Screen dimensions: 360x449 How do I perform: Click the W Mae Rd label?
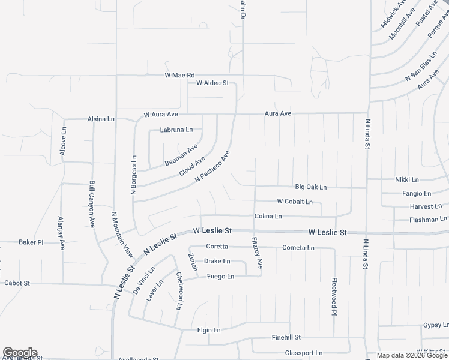pos(180,75)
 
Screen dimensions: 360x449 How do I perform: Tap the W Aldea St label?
pos(209,83)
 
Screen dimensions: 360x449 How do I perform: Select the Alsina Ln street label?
pos(101,119)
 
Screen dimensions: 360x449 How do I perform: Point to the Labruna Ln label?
pos(176,130)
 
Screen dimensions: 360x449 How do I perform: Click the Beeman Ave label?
pos(181,155)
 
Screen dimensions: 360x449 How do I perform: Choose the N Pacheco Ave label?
pos(212,167)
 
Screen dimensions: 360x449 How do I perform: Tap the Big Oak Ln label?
pos(311,187)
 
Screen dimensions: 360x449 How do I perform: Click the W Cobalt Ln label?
pos(295,202)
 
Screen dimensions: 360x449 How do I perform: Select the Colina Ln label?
pos(268,216)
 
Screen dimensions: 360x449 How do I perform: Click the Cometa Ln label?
pos(298,248)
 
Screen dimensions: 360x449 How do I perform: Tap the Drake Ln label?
pos(217,262)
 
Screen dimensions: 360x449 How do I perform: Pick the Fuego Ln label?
pos(220,276)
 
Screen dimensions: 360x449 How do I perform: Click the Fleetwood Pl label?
pos(334,295)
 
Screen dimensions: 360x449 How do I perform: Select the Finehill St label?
pos(286,338)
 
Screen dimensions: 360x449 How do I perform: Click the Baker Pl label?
pos(31,242)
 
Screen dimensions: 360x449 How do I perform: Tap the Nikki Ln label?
pos(407,179)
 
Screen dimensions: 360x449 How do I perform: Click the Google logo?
pos(20,353)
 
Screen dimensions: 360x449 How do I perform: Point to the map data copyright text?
pos(412,355)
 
